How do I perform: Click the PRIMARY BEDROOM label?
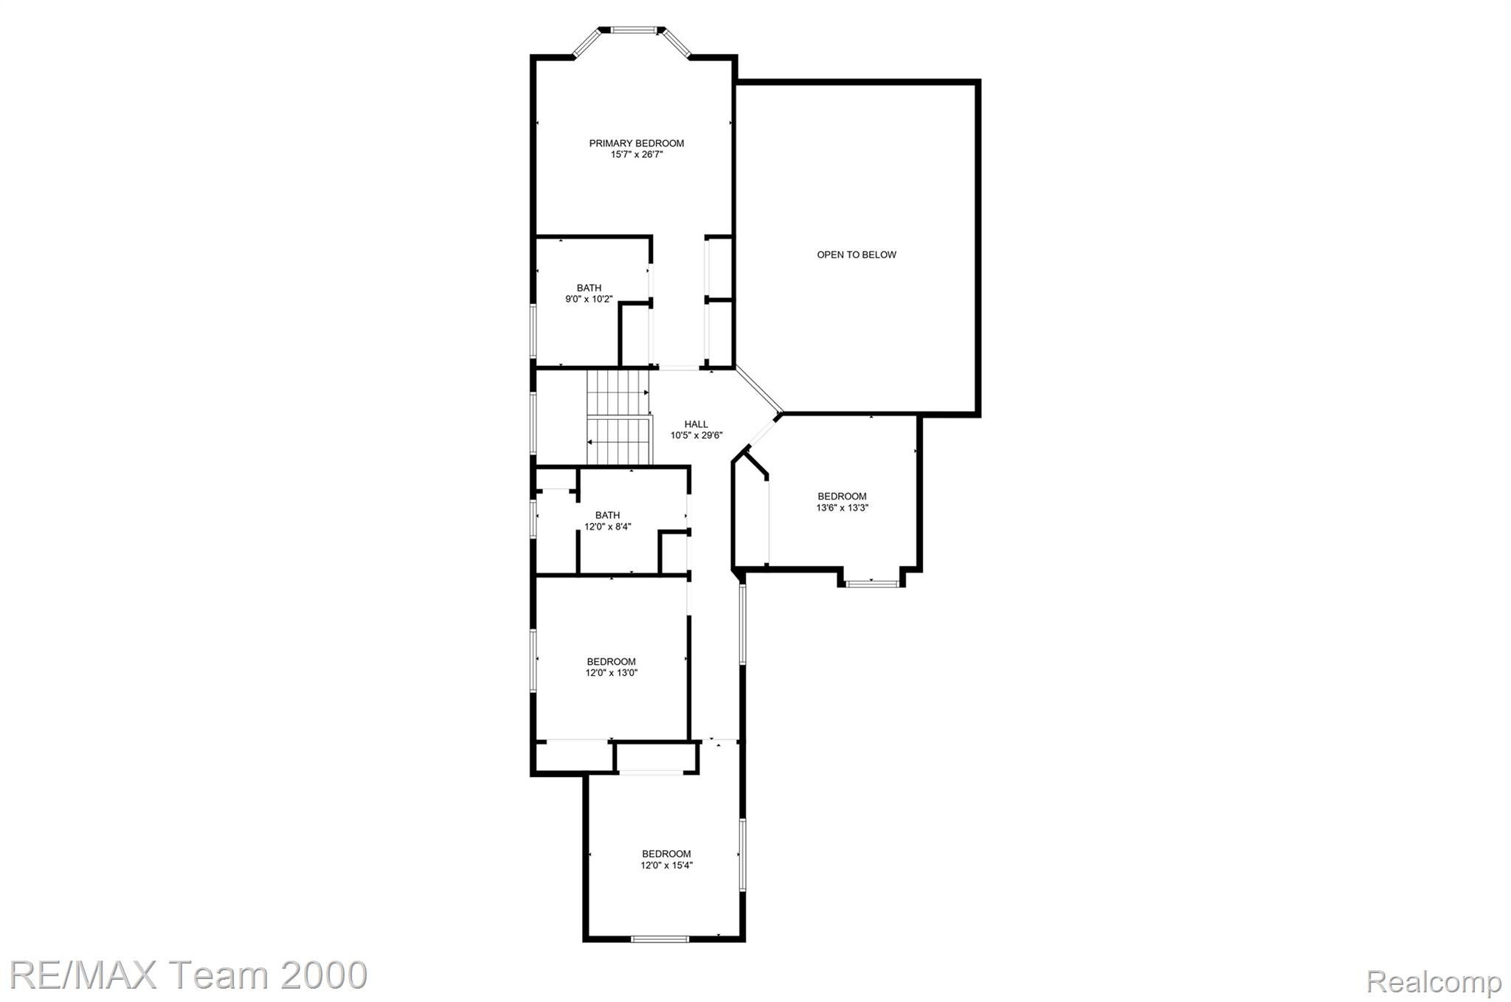click(x=636, y=143)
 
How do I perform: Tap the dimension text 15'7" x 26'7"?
click(x=637, y=155)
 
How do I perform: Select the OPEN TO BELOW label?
click(x=856, y=255)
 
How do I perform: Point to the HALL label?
click(x=696, y=424)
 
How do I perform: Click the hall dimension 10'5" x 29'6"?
click(x=696, y=435)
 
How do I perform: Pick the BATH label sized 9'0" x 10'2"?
click(x=589, y=288)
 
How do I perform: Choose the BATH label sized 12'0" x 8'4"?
click(x=607, y=515)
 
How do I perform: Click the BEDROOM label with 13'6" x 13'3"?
click(x=842, y=497)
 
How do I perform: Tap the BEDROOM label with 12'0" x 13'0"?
click(x=611, y=662)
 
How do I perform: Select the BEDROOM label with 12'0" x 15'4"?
click(x=666, y=854)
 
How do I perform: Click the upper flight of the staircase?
click(x=618, y=393)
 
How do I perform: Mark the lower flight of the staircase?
click(x=620, y=440)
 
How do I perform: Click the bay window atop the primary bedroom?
click(x=633, y=30)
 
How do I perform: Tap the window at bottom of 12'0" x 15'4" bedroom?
click(x=660, y=939)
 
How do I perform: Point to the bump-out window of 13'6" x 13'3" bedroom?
click(x=871, y=584)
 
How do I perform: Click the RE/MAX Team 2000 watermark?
click(x=188, y=975)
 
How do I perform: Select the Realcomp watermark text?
click(x=1434, y=981)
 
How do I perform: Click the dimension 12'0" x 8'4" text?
click(x=607, y=527)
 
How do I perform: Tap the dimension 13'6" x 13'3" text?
click(x=842, y=508)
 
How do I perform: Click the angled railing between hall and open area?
click(x=758, y=389)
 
